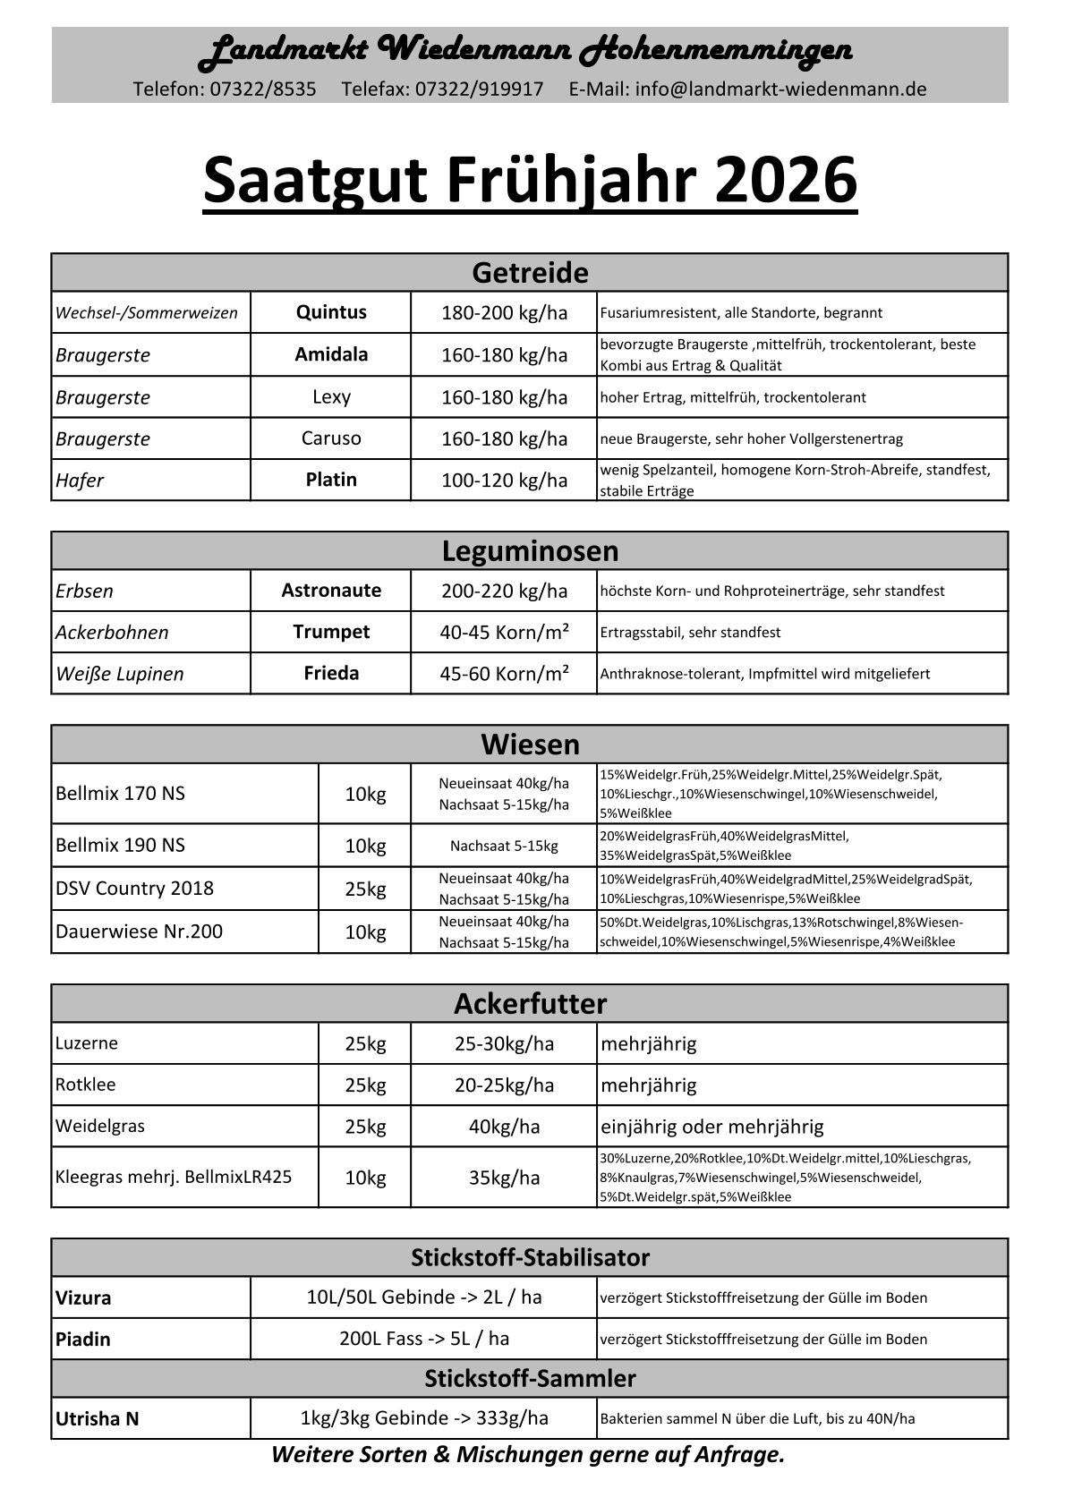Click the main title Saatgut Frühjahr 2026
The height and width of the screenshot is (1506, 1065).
click(530, 181)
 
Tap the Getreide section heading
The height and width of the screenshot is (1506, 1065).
click(530, 272)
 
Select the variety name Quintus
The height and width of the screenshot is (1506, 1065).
click(331, 312)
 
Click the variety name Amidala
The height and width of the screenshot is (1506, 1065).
click(331, 354)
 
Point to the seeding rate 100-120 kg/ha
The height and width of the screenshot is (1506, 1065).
click(504, 481)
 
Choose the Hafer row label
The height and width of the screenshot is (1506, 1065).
click(80, 481)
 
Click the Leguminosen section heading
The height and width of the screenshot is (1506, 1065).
click(530, 550)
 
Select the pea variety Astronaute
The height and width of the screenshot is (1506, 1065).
click(331, 591)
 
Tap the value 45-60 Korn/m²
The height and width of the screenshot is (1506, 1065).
click(504, 673)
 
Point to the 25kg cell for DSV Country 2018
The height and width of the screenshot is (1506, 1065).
click(365, 889)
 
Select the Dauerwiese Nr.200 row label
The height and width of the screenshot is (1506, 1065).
click(139, 932)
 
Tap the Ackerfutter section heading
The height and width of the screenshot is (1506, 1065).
click(530, 1004)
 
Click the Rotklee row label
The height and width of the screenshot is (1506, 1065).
click(85, 1085)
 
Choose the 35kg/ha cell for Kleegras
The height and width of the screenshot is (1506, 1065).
click(504, 1178)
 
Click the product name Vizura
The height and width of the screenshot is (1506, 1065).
click(83, 1298)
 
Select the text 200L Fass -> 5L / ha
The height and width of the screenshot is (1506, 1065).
click(424, 1339)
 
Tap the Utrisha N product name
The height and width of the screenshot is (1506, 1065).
click(97, 1418)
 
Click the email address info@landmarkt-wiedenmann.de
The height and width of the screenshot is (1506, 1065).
click(780, 89)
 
